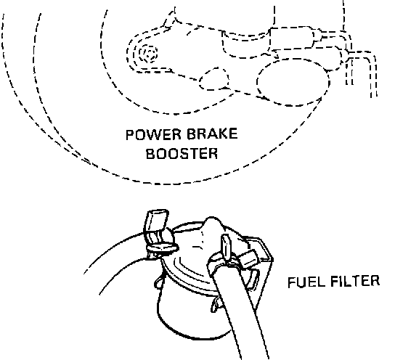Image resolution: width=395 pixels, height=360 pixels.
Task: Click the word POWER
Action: (153, 135)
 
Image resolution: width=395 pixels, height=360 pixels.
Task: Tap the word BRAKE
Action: (212, 134)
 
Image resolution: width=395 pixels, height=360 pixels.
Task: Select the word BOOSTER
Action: (182, 153)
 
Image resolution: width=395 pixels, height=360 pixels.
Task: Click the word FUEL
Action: (306, 282)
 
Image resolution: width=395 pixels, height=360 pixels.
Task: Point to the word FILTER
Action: (355, 281)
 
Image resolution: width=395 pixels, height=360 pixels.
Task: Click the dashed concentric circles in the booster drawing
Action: (148, 54)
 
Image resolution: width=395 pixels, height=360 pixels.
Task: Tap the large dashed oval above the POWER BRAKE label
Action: (293, 82)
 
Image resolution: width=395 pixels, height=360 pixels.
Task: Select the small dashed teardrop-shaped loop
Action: (214, 78)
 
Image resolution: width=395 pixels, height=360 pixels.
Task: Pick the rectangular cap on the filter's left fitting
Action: (156, 221)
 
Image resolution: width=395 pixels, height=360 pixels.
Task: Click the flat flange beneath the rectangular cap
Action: (163, 247)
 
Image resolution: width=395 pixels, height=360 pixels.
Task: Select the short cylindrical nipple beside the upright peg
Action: (247, 259)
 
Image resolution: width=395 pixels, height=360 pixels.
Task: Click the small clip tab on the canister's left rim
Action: (159, 282)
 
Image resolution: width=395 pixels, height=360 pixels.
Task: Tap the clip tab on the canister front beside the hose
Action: (216, 305)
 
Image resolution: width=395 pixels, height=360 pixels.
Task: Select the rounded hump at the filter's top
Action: (213, 225)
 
